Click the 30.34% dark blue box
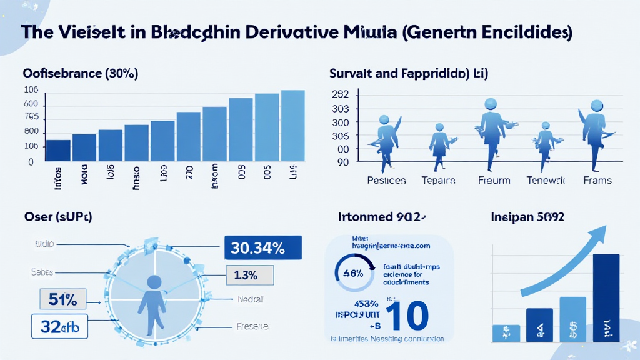tap(262, 248)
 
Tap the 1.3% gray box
tap(250, 274)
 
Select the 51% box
tap(62, 299)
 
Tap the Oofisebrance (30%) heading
tap(81, 73)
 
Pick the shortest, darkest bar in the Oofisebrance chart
tap(59, 151)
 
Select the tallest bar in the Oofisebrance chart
tap(292, 126)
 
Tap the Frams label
tap(597, 180)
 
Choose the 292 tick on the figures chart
tap(341, 95)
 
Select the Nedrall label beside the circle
tap(251, 299)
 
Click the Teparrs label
tap(437, 180)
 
